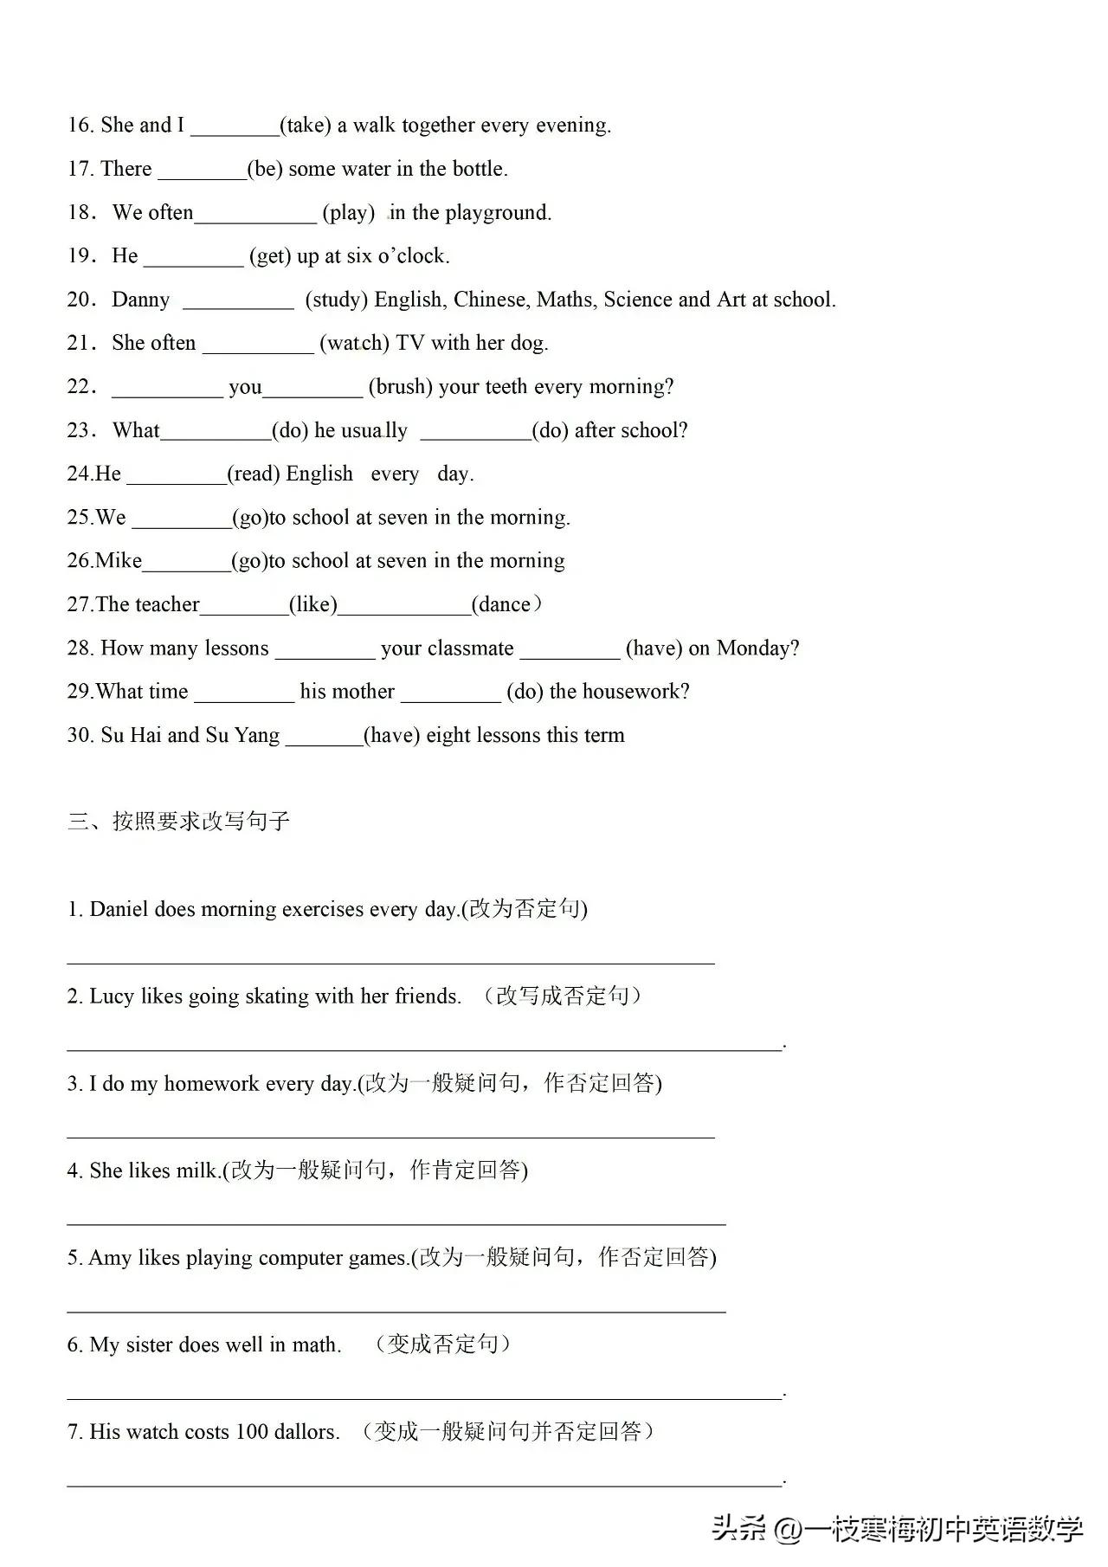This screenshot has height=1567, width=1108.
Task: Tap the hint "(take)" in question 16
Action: tap(306, 126)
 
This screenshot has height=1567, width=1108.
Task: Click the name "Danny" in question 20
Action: tap(141, 300)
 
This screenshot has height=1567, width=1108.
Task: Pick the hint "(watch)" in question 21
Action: tap(354, 343)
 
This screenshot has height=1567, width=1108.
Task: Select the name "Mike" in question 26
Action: tap(119, 561)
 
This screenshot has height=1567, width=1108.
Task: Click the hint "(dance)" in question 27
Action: tap(507, 604)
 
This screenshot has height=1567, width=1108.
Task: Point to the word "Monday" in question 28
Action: tap(754, 648)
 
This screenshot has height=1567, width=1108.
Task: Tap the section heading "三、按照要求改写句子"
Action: tap(178, 821)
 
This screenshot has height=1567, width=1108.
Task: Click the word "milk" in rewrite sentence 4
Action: tap(196, 1170)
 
